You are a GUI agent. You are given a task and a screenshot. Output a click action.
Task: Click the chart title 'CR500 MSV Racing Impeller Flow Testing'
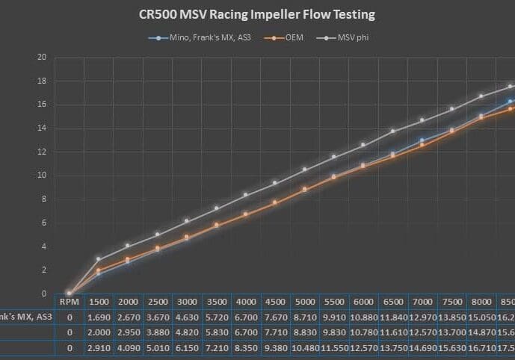[x=257, y=13]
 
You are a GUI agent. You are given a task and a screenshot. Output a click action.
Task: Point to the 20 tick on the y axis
[x=42, y=58]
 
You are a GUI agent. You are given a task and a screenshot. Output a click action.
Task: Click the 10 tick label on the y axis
[x=42, y=176]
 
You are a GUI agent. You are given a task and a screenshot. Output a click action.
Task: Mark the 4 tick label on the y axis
[x=43, y=246]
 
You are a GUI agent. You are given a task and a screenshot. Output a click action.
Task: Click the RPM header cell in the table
[x=68, y=301]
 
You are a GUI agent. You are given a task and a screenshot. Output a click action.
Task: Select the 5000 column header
[x=304, y=301]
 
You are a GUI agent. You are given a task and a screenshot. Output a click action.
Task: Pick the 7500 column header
[x=451, y=301]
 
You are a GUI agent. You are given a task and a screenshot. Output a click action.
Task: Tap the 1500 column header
[x=99, y=301]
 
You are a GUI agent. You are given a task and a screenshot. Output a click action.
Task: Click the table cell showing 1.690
[x=99, y=316]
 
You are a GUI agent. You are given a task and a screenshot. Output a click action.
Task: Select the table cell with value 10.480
[x=304, y=347]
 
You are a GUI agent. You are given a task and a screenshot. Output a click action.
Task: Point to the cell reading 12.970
[x=422, y=316]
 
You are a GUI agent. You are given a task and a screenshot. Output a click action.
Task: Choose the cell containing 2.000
[x=99, y=332]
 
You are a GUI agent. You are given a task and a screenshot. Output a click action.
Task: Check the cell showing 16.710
[x=481, y=347]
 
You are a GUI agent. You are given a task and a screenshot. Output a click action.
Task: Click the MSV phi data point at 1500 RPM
[x=98, y=259]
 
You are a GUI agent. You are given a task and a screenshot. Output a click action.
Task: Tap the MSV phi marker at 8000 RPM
[x=481, y=96]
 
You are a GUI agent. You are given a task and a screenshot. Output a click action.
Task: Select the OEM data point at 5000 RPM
[x=304, y=189]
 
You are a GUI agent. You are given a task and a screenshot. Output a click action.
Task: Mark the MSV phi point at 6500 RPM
[x=392, y=131]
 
